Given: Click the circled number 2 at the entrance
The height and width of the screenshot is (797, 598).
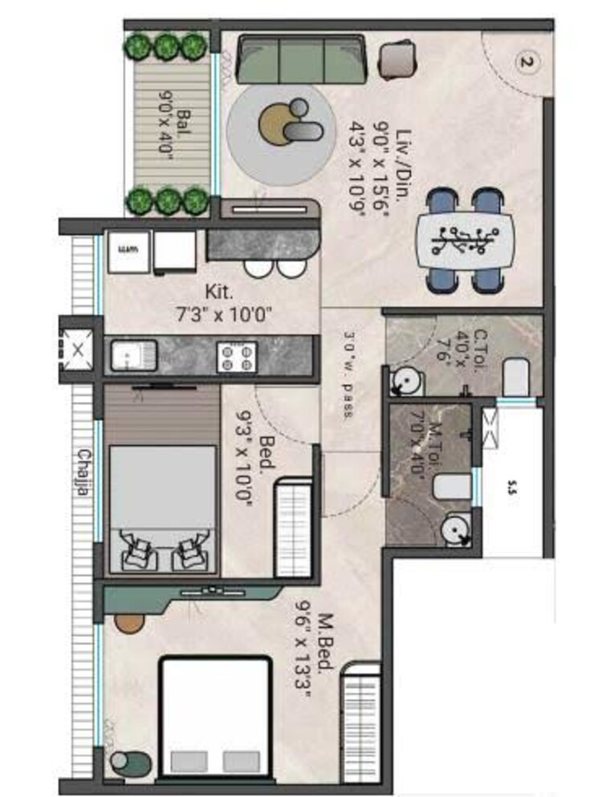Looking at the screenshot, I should (527, 62).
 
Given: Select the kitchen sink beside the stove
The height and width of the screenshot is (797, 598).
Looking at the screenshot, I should (131, 355).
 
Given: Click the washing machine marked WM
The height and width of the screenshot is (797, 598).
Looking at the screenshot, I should (127, 252).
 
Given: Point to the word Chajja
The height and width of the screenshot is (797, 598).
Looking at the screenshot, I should (82, 473).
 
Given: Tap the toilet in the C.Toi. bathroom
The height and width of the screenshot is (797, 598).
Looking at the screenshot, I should (516, 377).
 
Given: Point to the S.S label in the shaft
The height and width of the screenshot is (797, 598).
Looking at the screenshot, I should (512, 485).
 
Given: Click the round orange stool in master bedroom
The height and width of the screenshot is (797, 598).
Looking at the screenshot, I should (127, 621).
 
